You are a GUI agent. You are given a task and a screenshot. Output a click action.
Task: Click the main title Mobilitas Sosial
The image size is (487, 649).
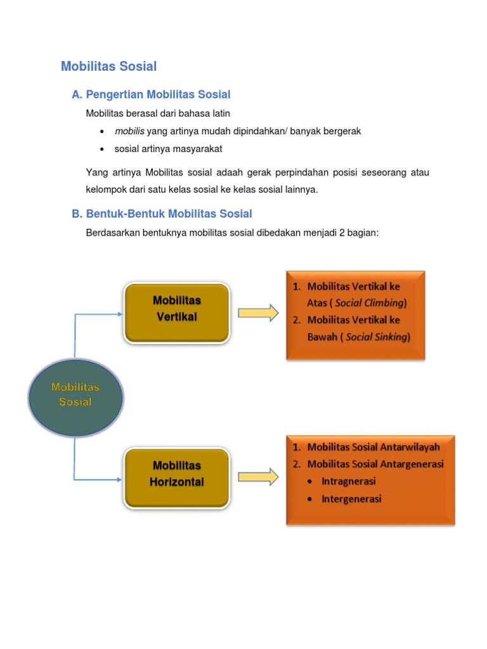(x=108, y=66)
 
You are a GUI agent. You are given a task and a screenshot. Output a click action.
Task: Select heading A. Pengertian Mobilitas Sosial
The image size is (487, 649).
(x=151, y=94)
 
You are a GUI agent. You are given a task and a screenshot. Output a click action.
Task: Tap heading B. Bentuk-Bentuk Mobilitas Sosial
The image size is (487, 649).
(x=162, y=214)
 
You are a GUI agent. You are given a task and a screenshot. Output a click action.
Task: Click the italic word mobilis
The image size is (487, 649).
(x=129, y=131)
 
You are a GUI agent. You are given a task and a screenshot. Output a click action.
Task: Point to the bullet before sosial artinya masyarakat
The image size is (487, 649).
(x=102, y=149)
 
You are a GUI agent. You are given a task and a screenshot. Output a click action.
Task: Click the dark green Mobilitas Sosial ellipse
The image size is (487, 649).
(x=75, y=393)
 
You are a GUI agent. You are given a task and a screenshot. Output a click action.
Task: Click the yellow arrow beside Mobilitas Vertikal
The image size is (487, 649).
(x=258, y=312)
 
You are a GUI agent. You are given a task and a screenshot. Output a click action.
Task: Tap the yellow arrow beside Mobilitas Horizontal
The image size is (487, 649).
(x=258, y=477)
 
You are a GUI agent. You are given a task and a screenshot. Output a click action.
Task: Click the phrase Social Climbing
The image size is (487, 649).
(x=370, y=303)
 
